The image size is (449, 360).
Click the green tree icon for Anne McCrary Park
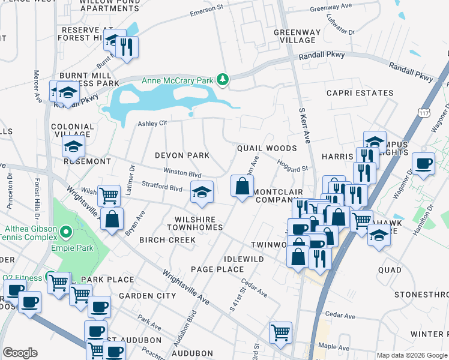(x=223, y=79)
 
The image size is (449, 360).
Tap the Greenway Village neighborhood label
(x=294, y=36)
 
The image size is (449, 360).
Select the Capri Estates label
(x=360, y=93)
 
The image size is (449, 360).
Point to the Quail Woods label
(x=267, y=148)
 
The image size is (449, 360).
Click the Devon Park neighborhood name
(x=182, y=155)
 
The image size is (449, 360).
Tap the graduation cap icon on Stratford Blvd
(x=202, y=192)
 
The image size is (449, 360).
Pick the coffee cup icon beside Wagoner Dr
(x=424, y=164)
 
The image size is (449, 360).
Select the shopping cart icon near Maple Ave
(x=280, y=332)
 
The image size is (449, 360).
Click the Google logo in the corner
(x=20, y=353)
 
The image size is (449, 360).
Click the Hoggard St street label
(x=292, y=165)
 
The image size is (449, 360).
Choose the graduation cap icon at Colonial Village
(x=73, y=147)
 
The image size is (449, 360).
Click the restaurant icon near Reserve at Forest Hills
(x=127, y=47)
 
